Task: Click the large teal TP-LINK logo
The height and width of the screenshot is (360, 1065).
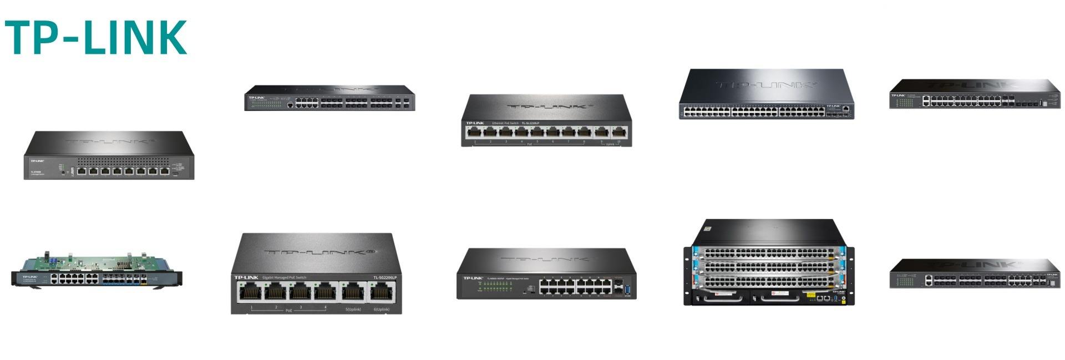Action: coord(95,37)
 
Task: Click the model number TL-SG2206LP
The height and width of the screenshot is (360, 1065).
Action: coord(384,277)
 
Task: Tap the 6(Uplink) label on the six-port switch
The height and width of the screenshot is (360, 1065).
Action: coord(381,309)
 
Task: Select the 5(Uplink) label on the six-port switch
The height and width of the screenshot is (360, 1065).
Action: coord(353,309)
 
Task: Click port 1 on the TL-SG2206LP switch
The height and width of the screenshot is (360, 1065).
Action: coord(251,292)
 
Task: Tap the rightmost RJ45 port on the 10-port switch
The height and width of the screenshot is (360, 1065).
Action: coord(618,132)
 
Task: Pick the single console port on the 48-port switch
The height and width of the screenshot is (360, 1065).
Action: coord(845,109)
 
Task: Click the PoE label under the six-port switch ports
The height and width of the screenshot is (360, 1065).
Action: coord(288,311)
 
